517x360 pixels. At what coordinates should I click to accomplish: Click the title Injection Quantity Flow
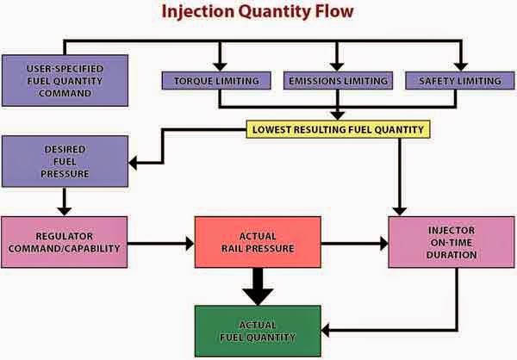click(x=258, y=12)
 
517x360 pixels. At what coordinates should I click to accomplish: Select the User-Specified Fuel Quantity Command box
click(x=65, y=82)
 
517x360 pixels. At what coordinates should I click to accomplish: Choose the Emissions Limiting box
click(x=338, y=81)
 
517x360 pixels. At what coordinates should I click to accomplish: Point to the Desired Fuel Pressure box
click(x=65, y=161)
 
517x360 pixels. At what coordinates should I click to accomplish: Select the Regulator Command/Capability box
click(x=65, y=243)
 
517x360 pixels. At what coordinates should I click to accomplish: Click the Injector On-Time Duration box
click(x=445, y=243)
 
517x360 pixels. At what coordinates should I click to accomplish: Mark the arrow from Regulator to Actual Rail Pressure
click(x=162, y=244)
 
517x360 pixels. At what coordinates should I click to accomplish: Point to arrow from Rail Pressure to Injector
click(x=354, y=244)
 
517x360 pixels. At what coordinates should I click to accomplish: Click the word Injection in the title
click(x=190, y=12)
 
